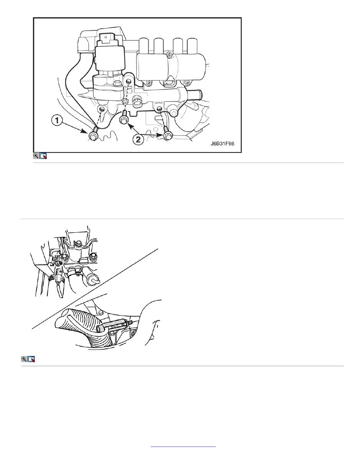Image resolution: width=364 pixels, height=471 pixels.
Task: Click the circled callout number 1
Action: (57, 120)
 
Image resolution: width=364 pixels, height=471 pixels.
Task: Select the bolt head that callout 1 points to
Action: (93, 136)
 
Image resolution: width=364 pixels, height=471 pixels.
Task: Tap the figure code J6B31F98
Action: (223, 143)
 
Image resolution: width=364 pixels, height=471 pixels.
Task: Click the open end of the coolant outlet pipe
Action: (201, 95)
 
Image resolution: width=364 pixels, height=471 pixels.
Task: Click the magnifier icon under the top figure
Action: (36, 156)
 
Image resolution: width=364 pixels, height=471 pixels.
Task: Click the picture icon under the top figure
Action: (43, 156)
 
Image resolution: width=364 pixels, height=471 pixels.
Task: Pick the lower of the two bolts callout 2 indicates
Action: (167, 135)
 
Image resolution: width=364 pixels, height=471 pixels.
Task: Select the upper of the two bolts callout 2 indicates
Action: (124, 119)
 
